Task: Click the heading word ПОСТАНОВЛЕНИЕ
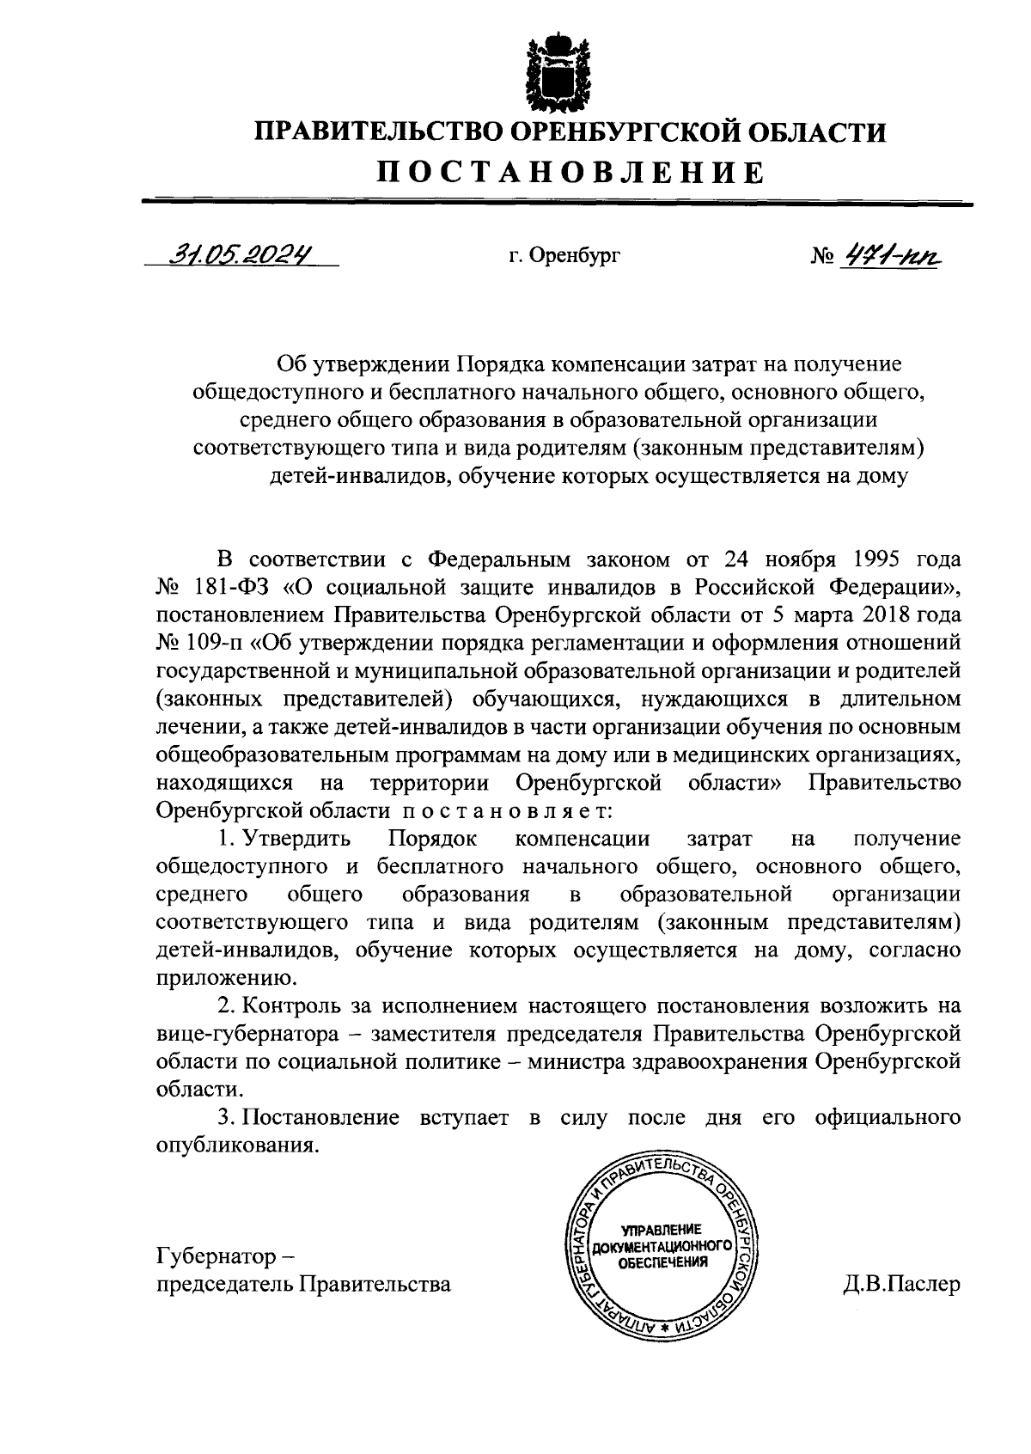[571, 173]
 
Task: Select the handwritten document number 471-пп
[890, 254]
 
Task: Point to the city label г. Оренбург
[564, 255]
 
